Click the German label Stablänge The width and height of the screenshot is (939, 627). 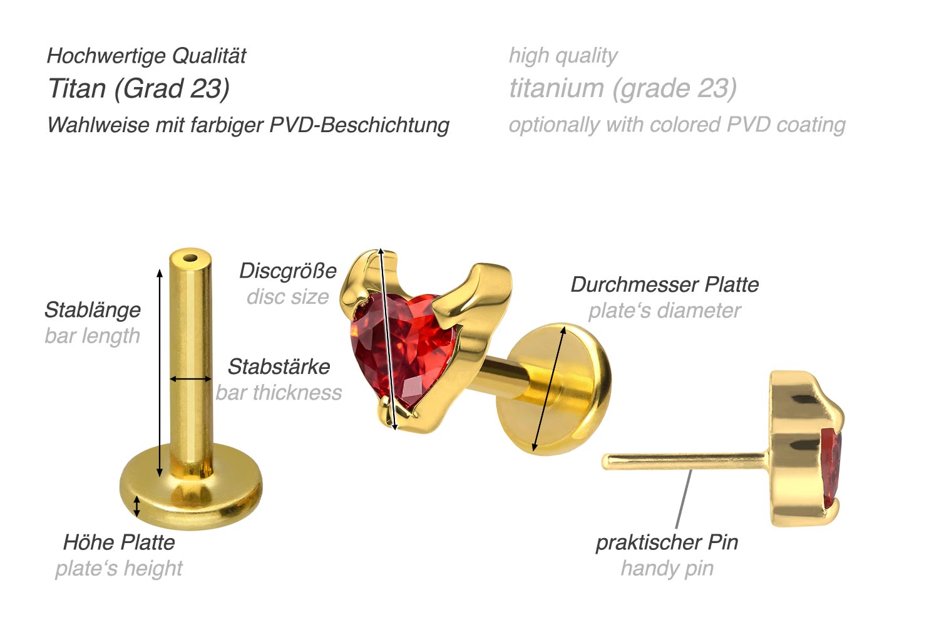click(x=93, y=310)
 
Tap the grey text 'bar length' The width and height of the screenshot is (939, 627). click(x=93, y=336)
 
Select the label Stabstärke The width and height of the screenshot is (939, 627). click(x=279, y=366)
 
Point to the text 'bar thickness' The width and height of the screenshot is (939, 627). click(x=279, y=393)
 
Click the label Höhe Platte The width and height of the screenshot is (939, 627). click(x=119, y=542)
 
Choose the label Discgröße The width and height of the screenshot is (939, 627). click(x=288, y=271)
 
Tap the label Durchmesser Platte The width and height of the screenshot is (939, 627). click(x=664, y=284)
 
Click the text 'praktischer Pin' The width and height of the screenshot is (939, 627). click(x=667, y=542)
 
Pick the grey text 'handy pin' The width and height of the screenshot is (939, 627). click(x=667, y=568)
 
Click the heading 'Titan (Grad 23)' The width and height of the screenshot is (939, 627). click(x=139, y=88)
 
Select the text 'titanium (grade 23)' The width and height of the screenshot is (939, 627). click(x=623, y=88)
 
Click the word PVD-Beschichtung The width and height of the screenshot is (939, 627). click(x=359, y=125)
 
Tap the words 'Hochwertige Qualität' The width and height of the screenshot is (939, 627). click(x=146, y=56)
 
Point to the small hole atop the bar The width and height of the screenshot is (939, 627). click(x=190, y=256)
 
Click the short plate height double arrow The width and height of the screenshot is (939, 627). click(x=137, y=505)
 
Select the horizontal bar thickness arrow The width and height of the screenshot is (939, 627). click(x=191, y=379)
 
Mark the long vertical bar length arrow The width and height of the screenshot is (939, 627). click(x=160, y=373)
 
